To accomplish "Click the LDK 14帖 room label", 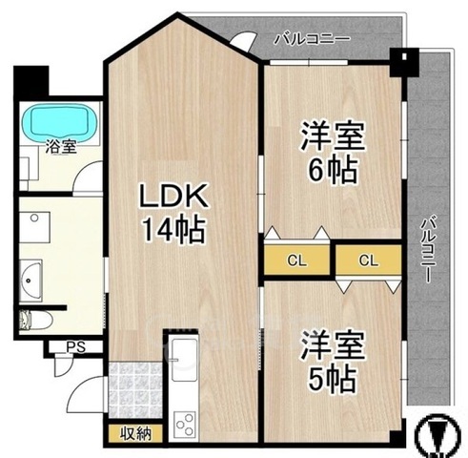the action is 173,214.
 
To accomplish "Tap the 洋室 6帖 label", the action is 333,152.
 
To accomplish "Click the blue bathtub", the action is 59,121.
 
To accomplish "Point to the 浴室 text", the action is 61,147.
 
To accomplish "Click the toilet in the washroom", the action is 35,320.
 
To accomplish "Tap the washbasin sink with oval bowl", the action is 31,281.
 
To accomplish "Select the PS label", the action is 76,347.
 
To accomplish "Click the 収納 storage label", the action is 135,433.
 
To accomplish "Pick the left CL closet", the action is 297,260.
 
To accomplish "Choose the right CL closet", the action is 369,260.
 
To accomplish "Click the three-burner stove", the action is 185,424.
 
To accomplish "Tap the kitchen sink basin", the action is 184,360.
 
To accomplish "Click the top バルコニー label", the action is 312,39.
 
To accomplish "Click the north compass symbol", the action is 438,435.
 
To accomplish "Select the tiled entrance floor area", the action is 135,390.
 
